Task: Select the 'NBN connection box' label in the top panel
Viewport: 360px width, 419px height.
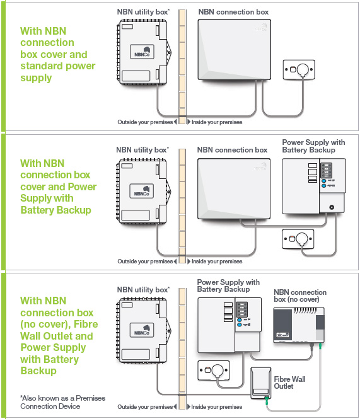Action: [233, 12]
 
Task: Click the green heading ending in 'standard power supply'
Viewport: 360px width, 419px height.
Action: [57, 54]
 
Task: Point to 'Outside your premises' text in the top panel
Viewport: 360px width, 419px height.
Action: [145, 122]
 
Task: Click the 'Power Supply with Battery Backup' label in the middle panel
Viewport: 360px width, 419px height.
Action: [313, 146]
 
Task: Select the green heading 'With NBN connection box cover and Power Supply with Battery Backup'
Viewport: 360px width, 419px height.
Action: [58, 187]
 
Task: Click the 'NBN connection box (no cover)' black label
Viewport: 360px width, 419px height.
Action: [299, 296]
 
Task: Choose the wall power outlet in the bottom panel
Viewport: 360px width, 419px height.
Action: [214, 371]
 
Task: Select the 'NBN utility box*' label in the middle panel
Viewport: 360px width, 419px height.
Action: [142, 150]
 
